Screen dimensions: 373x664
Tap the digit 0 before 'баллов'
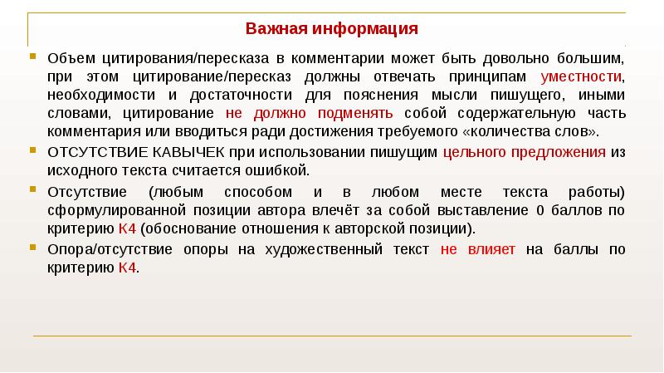(541, 210)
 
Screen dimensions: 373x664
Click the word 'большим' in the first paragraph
(593, 59)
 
